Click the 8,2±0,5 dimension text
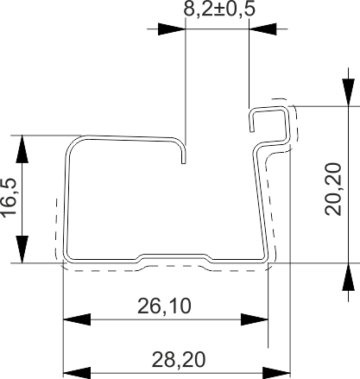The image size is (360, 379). pos(219,9)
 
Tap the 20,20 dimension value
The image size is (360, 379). pos(333,189)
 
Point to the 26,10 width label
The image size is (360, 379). pos(164,306)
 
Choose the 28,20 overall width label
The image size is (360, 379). pos(179,359)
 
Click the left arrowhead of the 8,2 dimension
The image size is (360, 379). pos(171,29)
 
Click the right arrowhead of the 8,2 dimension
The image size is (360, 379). pos(262,29)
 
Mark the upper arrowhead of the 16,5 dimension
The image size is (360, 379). pos(22,148)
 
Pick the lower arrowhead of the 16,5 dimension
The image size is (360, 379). pos(22,250)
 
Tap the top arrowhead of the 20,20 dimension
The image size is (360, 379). pos(348,92)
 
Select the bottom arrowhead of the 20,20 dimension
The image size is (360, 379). pos(348,276)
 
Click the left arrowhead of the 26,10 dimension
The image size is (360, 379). pos(77,319)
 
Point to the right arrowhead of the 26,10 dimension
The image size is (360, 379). pos(255,319)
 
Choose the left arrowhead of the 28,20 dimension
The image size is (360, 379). pos(77,373)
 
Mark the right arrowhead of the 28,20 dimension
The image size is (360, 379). pos(276,373)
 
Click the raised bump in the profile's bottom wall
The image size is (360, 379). pos(174,256)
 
